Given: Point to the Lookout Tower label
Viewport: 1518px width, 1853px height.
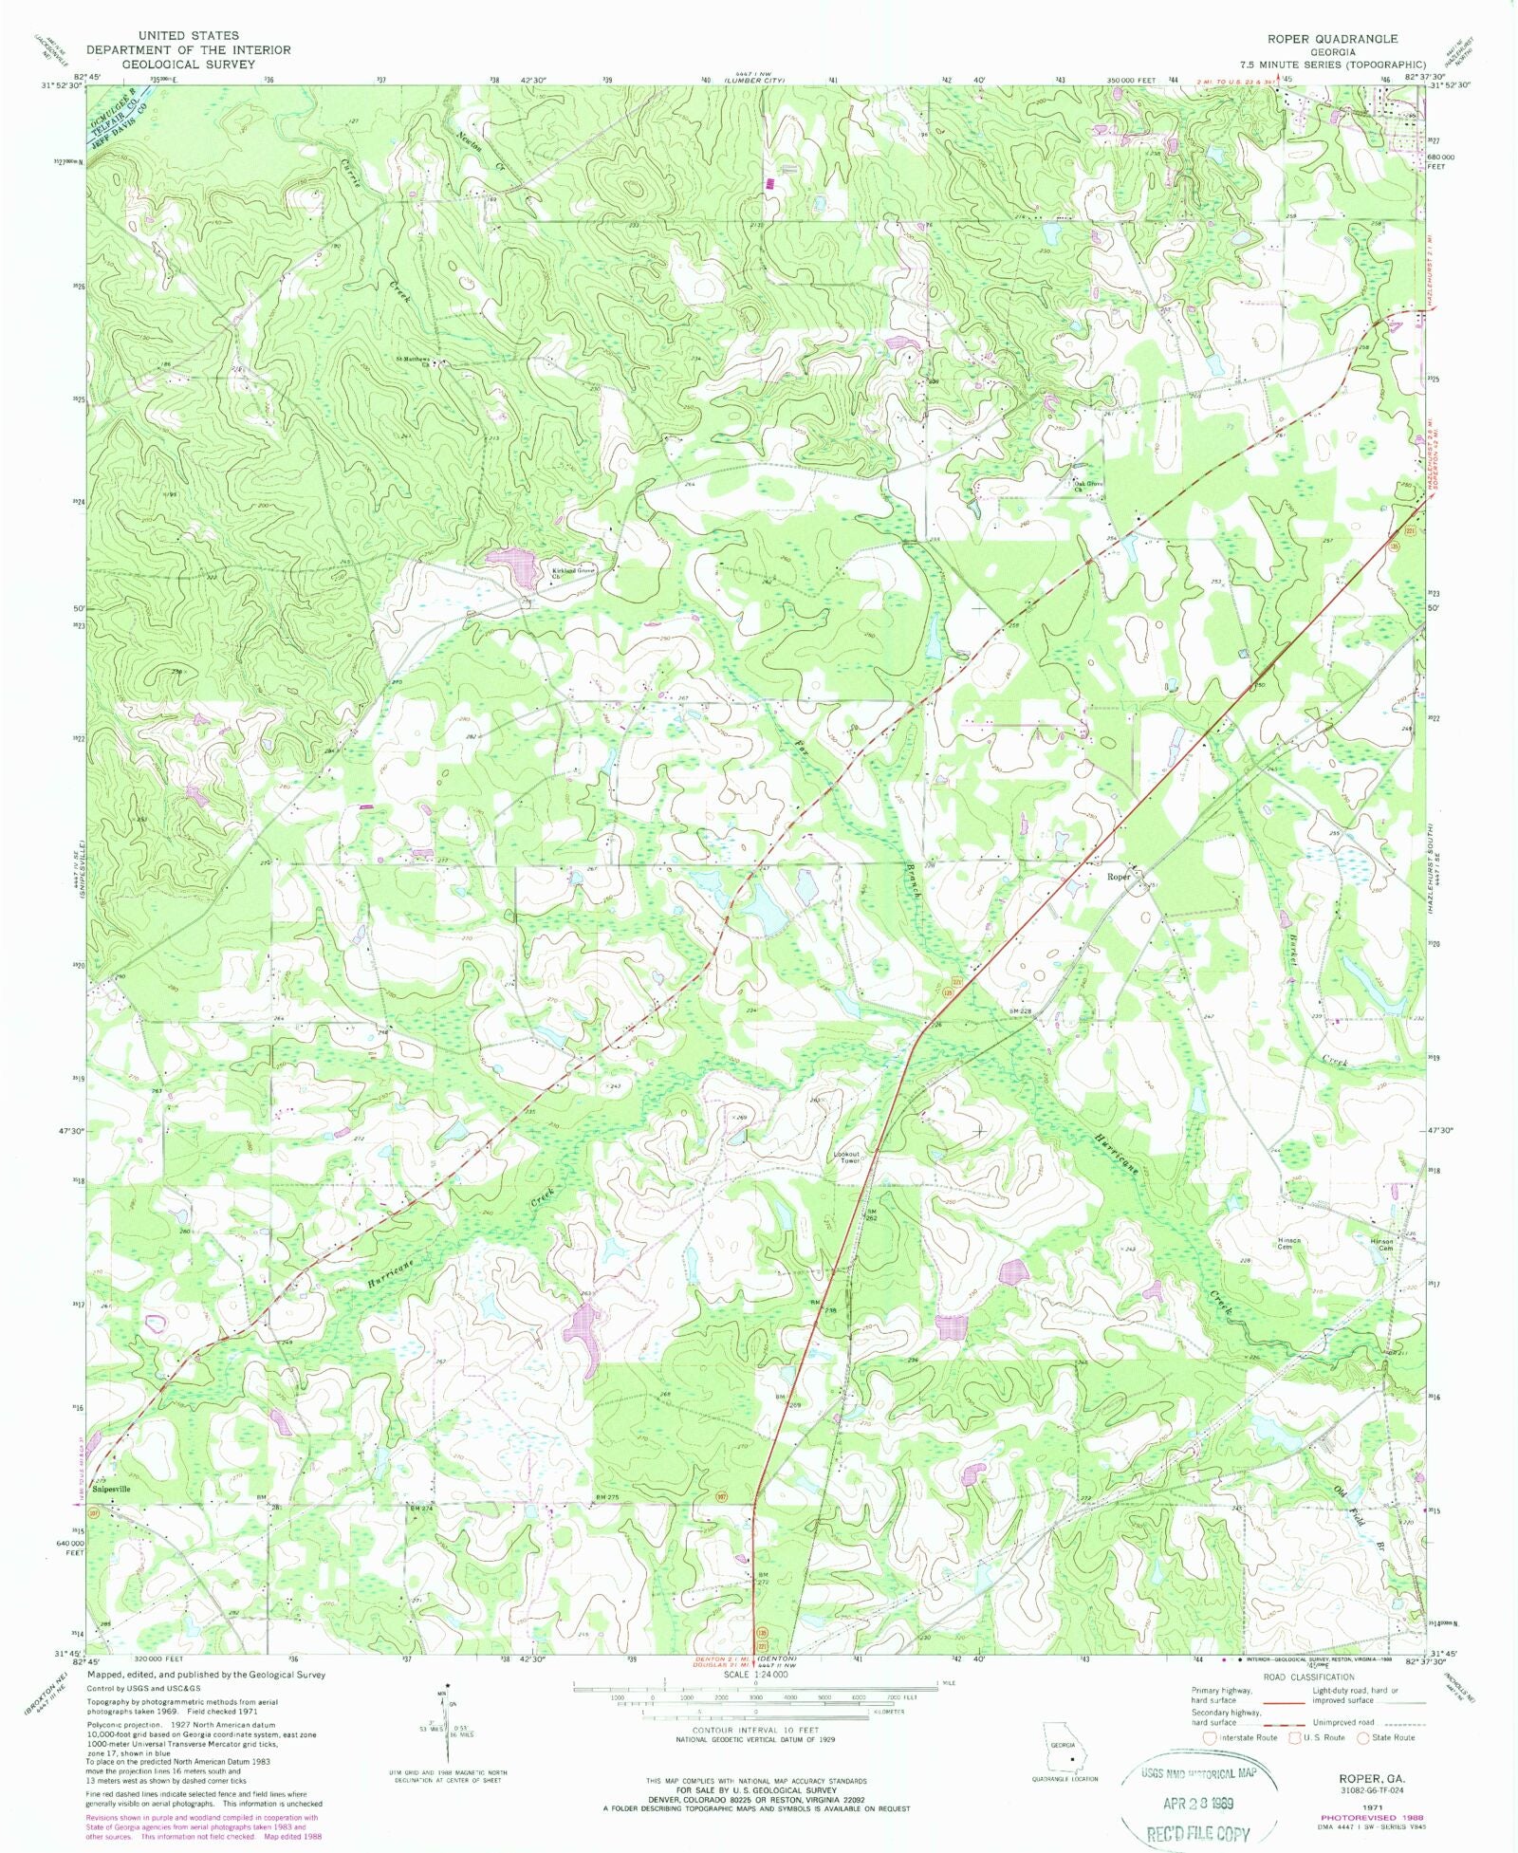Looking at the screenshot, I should point(846,1158).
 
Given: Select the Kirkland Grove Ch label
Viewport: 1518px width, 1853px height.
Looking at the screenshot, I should point(574,573).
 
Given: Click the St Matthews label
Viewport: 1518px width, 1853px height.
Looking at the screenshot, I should point(414,360).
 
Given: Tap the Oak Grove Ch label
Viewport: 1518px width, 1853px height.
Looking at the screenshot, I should point(1088,486).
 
